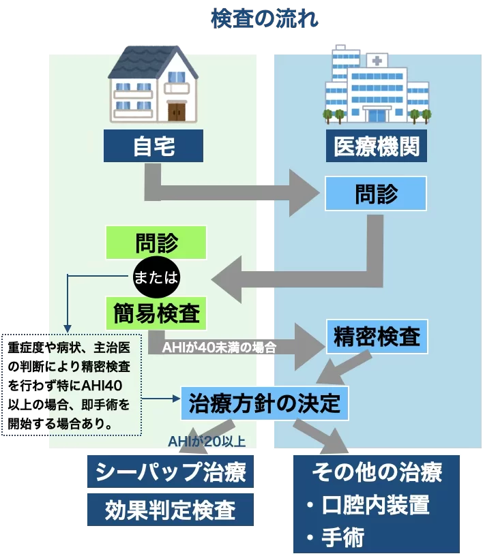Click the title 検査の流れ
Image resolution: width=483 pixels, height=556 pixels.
[x=265, y=18]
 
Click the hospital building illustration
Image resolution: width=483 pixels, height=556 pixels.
[x=377, y=86]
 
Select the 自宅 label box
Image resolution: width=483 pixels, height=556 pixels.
[x=153, y=146]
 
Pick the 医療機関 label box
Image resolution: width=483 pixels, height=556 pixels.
[x=377, y=146]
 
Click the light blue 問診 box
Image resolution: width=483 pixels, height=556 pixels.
[x=375, y=194]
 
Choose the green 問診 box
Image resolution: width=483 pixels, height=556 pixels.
[x=156, y=243]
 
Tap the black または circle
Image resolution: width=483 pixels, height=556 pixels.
[x=156, y=277]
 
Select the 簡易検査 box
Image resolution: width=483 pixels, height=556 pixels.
[x=156, y=313]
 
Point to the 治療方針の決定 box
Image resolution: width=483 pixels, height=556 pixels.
[x=264, y=403]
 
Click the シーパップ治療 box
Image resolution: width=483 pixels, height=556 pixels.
[x=170, y=472]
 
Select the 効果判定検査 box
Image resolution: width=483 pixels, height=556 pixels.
[x=170, y=510]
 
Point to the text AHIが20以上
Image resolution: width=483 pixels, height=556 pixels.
[x=207, y=441]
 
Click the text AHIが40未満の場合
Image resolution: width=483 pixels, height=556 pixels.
[x=219, y=347]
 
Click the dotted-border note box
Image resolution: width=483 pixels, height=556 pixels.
[x=72, y=385]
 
